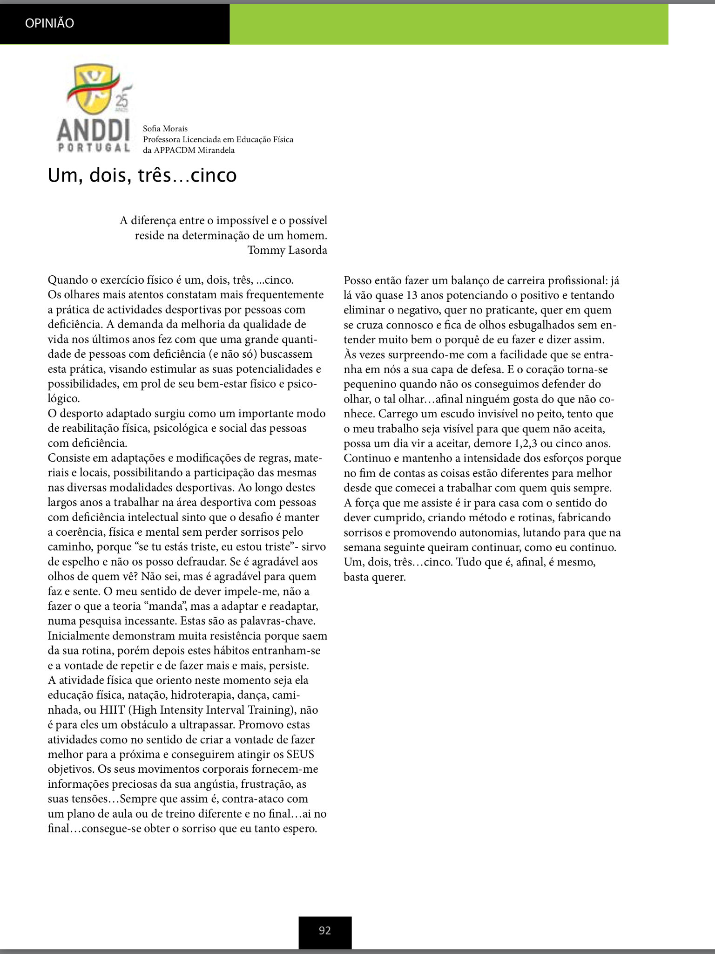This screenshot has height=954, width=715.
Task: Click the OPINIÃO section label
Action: [x=50, y=23]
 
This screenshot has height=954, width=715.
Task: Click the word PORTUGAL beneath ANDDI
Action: [x=93, y=148]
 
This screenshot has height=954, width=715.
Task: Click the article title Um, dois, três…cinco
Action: [x=142, y=176]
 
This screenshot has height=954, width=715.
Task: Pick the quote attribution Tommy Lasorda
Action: [x=287, y=250]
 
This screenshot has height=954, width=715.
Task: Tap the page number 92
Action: [x=325, y=931]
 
